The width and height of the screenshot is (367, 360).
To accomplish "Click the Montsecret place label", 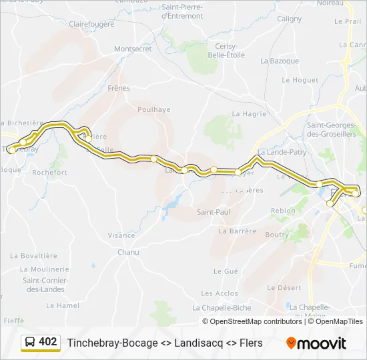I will coord(133,49).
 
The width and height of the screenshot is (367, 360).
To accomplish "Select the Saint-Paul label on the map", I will coord(213,212).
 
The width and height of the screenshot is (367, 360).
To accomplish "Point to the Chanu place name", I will coord(128,252).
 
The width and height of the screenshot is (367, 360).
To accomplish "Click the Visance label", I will coord(121,235).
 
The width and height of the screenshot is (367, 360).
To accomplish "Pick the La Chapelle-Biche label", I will coord(222,307).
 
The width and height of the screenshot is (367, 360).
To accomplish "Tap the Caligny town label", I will coord(289,19).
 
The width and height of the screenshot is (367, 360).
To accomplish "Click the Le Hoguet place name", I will coord(300,80).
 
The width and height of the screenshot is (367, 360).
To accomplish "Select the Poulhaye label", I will coord(153,110).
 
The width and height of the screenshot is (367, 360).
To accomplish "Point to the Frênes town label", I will coord(119,87).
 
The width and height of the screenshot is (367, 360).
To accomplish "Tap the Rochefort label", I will coord(50,172).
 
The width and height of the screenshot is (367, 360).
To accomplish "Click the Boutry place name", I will coord(277,235).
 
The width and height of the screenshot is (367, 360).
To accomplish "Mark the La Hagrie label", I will coord(249,114).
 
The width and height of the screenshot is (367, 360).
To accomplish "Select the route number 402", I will coord(48,342).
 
